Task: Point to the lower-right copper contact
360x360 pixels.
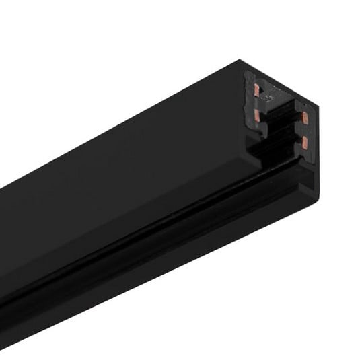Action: click(x=304, y=141)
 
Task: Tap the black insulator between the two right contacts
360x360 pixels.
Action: click(x=303, y=131)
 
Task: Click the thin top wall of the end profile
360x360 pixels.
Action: click(x=283, y=83)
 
